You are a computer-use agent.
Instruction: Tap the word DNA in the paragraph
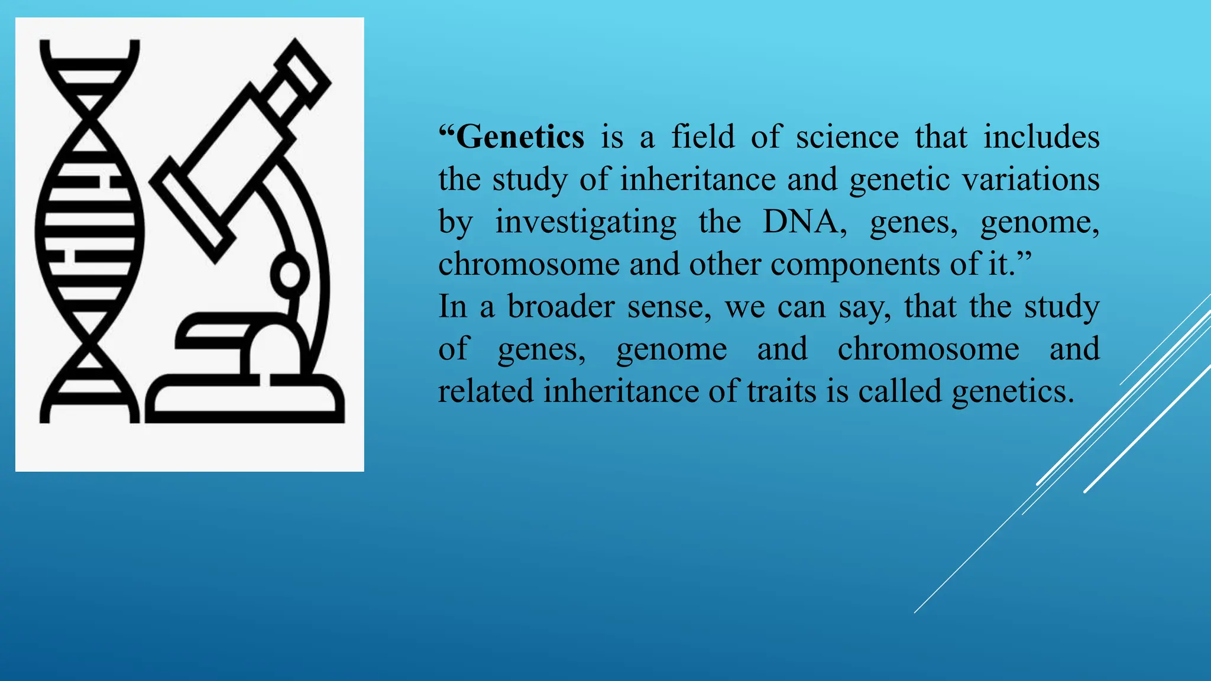click(803, 222)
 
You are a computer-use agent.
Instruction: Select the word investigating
click(585, 222)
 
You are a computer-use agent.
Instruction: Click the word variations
click(1031, 180)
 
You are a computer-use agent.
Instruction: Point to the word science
click(847, 137)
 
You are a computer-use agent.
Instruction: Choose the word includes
click(1041, 137)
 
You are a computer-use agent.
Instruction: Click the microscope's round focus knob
click(290, 274)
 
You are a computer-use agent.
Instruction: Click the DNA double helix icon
click(89, 231)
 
